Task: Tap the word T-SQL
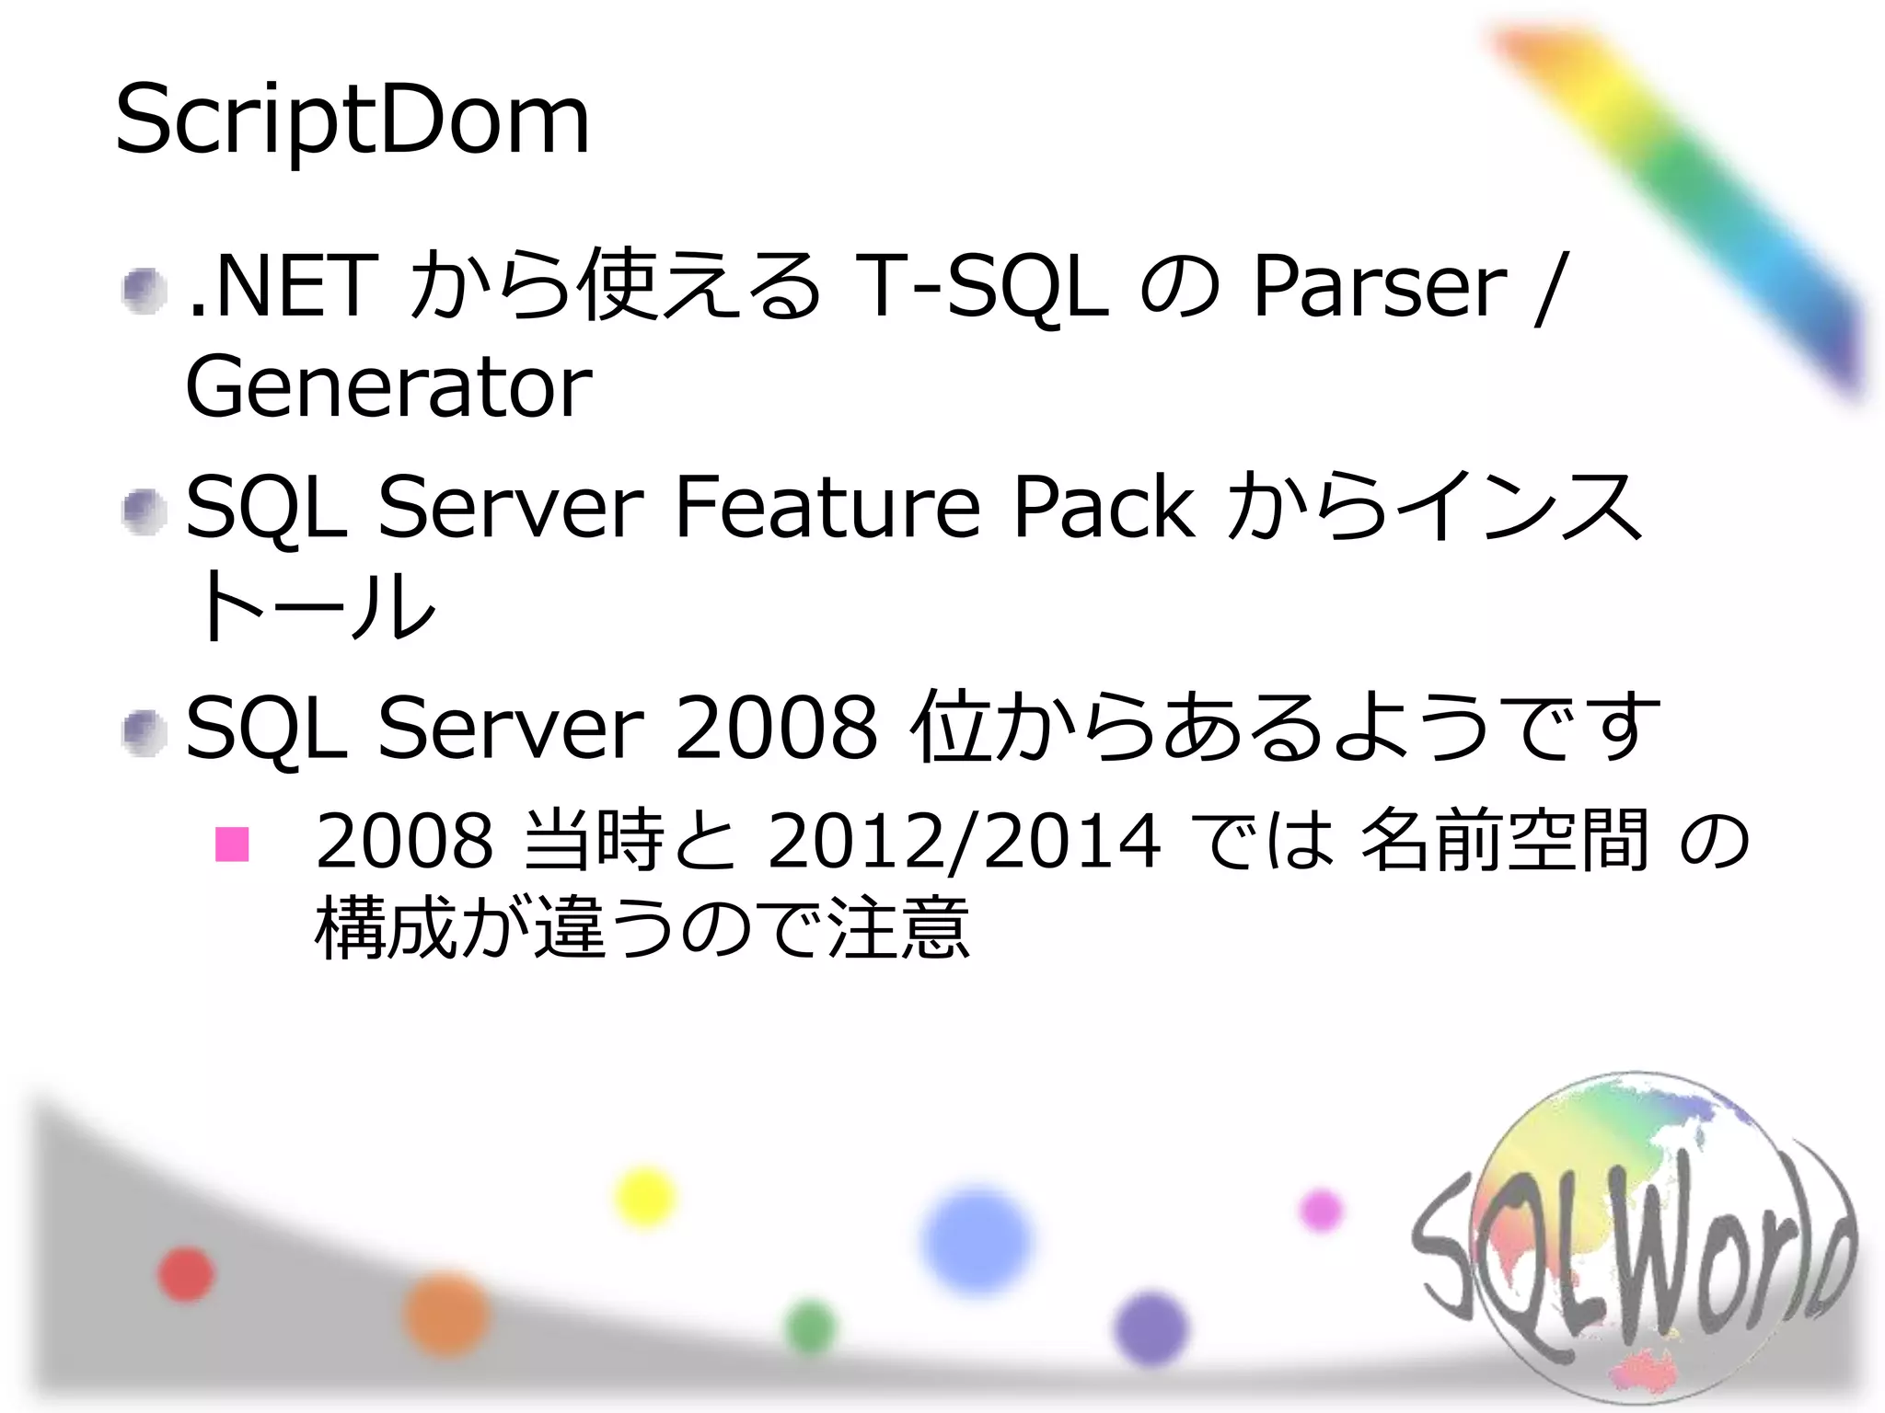point(981,287)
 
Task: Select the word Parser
point(1379,287)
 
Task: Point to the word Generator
point(388,388)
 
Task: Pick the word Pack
point(1104,507)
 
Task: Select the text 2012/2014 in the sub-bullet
point(964,840)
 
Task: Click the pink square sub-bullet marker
point(232,844)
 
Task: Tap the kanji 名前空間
point(1503,840)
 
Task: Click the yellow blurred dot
point(645,1197)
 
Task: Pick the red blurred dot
point(186,1274)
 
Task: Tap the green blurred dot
point(811,1327)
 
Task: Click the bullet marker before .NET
point(145,291)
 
